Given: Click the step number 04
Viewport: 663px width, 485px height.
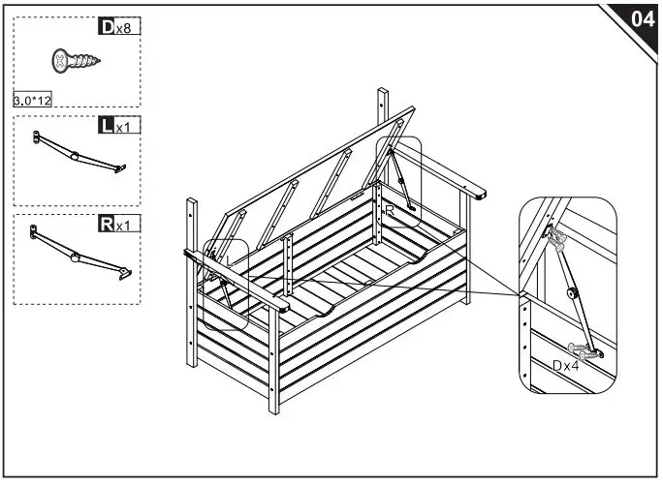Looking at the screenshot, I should tap(641, 18).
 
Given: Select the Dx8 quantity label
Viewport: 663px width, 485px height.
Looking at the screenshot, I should tap(119, 27).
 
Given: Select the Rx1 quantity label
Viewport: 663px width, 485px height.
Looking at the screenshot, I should tap(119, 225).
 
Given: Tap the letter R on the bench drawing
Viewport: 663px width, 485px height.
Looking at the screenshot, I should tap(389, 209).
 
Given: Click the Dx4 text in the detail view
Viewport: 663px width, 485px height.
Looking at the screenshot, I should tap(568, 366).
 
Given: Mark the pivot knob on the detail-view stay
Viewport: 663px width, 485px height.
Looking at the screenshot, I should tap(574, 291).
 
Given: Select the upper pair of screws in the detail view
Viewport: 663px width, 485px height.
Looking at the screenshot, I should tap(556, 237).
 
